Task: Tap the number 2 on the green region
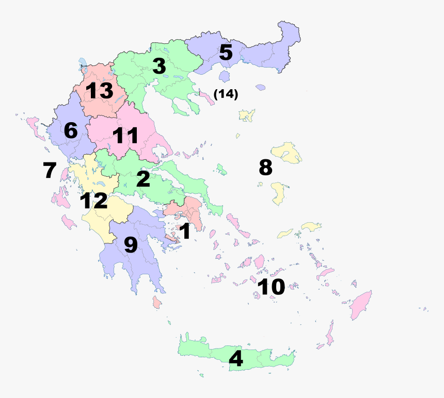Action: click(x=143, y=179)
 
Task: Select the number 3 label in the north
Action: click(x=158, y=66)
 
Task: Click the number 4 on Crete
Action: click(x=236, y=359)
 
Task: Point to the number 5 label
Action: click(x=226, y=53)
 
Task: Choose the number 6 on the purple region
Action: click(x=71, y=131)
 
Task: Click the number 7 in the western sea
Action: click(x=50, y=170)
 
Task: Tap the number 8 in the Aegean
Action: click(x=265, y=167)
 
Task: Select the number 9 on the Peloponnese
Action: click(x=131, y=245)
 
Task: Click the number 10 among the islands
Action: click(x=271, y=287)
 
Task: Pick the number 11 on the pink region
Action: click(x=125, y=136)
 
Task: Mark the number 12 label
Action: click(x=93, y=201)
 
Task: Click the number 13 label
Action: click(x=100, y=91)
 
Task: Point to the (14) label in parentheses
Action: click(x=226, y=94)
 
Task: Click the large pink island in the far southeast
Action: click(x=361, y=304)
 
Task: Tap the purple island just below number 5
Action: click(x=225, y=77)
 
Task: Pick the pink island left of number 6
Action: click(x=35, y=126)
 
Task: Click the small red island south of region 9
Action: click(x=156, y=302)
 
